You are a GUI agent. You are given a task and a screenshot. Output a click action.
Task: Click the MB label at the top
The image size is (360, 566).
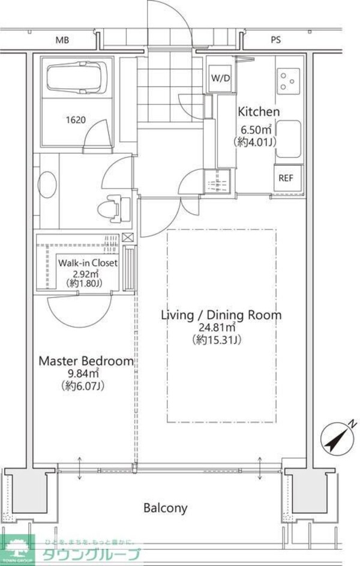pyautogui.click(x=62, y=40)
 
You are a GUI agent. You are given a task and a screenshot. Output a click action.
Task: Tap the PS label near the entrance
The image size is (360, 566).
pyautogui.click(x=275, y=40)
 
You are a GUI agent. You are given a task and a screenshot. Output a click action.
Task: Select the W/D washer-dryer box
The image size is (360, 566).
pyautogui.click(x=220, y=79)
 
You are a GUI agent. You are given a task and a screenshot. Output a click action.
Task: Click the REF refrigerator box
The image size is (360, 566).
pyautogui.click(x=286, y=178)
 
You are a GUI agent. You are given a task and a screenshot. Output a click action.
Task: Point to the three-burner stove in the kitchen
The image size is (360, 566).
pyautogui.click(x=289, y=81)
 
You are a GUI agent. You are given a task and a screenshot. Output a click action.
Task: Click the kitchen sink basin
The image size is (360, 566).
pyautogui.click(x=289, y=139)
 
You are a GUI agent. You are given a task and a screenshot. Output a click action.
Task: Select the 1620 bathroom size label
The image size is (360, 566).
pyautogui.click(x=76, y=120)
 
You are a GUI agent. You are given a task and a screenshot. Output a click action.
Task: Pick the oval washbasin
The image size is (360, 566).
pyautogui.click(x=47, y=184)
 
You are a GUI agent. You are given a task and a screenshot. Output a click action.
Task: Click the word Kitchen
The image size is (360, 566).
pyautogui.click(x=258, y=112)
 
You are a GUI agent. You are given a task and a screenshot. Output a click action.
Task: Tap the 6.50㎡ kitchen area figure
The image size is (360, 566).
pyautogui.click(x=256, y=129)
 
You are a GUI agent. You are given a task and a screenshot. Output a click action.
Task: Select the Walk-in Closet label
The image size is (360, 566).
pyautogui.click(x=88, y=263)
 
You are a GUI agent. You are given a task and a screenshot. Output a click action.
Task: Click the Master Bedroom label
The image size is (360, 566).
pyautogui.click(x=86, y=361)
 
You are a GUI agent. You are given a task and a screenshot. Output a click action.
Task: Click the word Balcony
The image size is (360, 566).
pyautogui.click(x=166, y=508)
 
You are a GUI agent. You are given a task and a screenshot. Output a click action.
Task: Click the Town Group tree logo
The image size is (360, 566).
pyautogui.click(x=17, y=550)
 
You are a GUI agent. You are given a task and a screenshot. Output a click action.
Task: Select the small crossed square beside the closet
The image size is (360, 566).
pyautogui.click(x=128, y=238)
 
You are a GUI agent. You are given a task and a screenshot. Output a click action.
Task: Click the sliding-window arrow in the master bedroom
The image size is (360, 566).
pyautogui.click(x=79, y=468)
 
